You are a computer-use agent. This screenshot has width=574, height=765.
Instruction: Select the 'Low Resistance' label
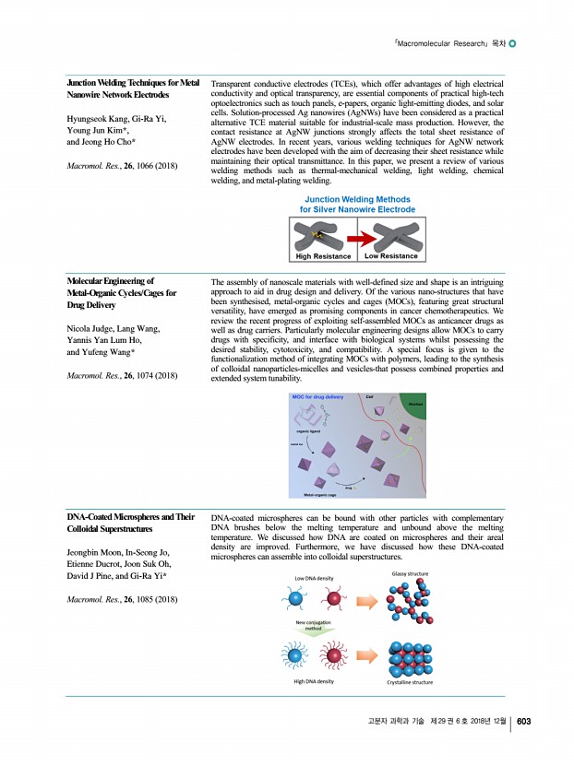pyautogui.click(x=391, y=256)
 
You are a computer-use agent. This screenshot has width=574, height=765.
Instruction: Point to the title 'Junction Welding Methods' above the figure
pyautogui.click(x=358, y=199)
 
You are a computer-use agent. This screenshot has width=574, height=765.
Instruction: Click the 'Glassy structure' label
pyautogui.click(x=409, y=573)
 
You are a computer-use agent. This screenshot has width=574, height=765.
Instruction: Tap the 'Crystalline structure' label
pyautogui.click(x=410, y=682)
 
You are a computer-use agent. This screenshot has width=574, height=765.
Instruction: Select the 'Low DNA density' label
pyautogui.click(x=314, y=578)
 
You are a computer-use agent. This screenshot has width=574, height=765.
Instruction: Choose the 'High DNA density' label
pyautogui.click(x=314, y=681)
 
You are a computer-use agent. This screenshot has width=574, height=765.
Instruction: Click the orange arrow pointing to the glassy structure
pyautogui.click(x=367, y=602)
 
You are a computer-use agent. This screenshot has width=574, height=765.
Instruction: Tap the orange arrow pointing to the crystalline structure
pyautogui.click(x=367, y=656)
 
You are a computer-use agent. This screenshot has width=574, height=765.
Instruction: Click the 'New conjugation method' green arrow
pyautogui.click(x=314, y=627)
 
